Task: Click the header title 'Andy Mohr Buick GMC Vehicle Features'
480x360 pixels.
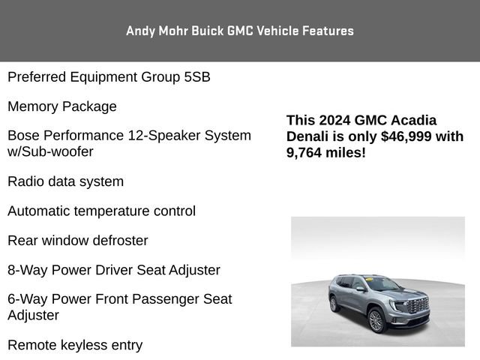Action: (x=240, y=31)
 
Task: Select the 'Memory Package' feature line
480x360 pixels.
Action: (x=62, y=106)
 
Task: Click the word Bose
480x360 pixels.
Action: (x=23, y=136)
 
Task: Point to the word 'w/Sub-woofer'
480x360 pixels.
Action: (x=50, y=151)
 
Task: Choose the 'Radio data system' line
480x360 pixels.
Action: (x=66, y=181)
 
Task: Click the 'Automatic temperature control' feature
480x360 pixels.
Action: (x=102, y=211)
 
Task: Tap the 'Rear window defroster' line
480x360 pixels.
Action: (x=78, y=240)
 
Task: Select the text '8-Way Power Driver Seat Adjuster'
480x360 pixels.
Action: (x=114, y=269)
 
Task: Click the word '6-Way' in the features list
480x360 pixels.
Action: (x=27, y=298)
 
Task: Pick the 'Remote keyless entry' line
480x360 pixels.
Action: (x=75, y=345)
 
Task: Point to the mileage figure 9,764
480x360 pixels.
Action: (x=307, y=152)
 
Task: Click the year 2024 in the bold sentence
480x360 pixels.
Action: (x=337, y=120)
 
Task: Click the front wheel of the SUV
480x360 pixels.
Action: (x=376, y=319)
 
